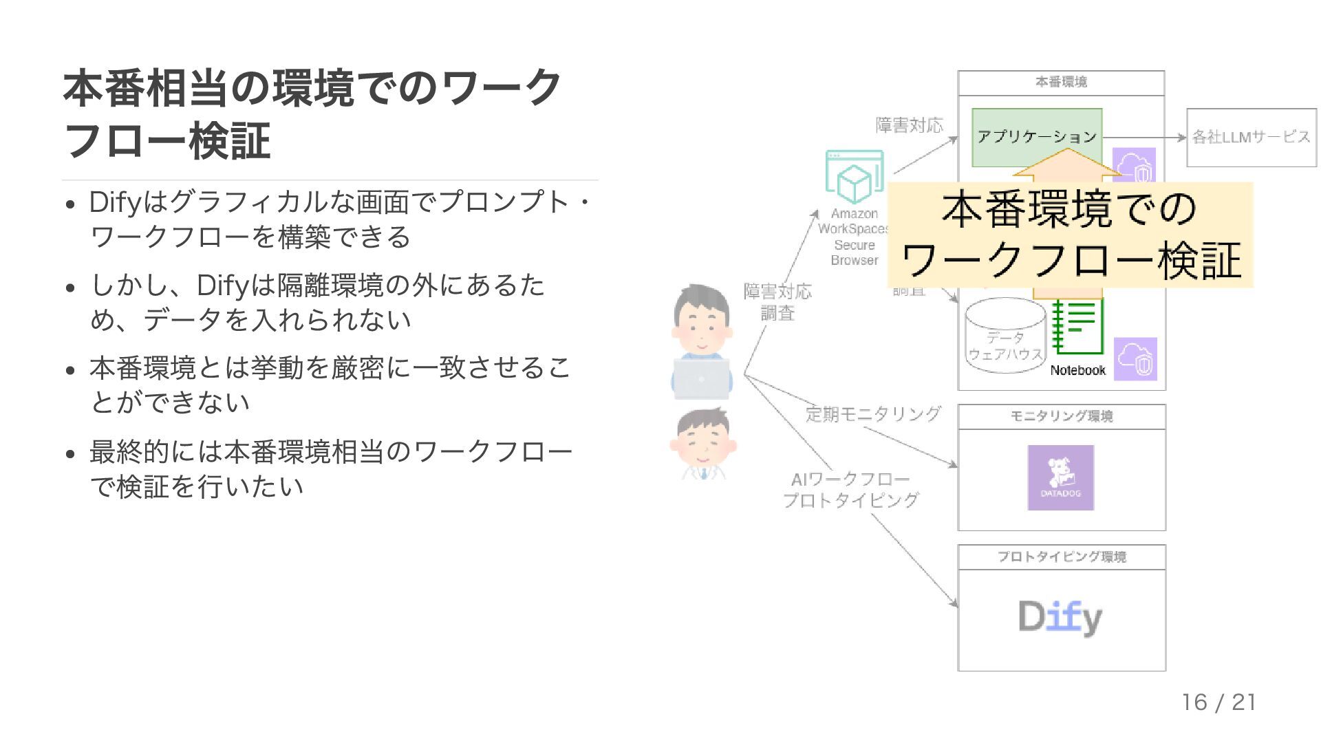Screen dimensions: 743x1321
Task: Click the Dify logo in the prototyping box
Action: coord(1060,617)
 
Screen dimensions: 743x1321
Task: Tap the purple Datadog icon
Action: coord(1060,477)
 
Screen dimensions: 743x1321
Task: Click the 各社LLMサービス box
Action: coord(1251,137)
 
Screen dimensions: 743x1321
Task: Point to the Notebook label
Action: coord(1077,370)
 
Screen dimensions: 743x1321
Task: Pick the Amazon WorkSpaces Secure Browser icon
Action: coord(854,175)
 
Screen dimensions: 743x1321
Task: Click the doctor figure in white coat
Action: coord(702,443)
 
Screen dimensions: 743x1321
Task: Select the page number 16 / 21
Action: coord(1218,702)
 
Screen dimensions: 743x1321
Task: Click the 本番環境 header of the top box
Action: coord(1061,83)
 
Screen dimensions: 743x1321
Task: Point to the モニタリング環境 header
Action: coord(1061,416)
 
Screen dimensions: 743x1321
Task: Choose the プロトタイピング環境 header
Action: coord(1061,557)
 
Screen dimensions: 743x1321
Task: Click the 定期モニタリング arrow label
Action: coord(872,414)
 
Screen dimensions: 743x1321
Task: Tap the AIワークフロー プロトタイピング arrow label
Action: coord(850,490)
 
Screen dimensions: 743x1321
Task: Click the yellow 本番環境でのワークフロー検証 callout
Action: coord(1070,235)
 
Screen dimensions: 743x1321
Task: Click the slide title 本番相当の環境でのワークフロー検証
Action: coord(311,114)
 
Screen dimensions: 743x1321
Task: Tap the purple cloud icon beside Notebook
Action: coord(1135,358)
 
